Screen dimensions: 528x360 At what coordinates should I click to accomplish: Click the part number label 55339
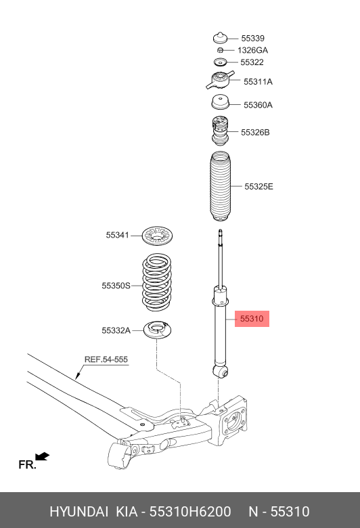click(x=253, y=39)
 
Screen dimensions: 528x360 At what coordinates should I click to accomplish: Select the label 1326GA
click(x=252, y=50)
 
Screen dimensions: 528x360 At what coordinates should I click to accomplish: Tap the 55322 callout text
click(x=252, y=62)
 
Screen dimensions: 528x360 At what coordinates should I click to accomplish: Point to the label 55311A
click(x=258, y=82)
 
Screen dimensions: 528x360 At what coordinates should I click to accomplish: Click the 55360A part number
click(x=258, y=105)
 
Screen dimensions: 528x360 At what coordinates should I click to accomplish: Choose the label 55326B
click(x=255, y=133)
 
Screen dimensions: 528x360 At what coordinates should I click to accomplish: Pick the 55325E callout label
click(x=258, y=186)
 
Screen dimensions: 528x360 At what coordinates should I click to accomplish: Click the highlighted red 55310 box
click(x=252, y=318)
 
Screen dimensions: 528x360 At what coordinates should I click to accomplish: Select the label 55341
click(x=117, y=236)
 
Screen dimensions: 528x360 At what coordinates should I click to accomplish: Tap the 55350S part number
click(x=116, y=286)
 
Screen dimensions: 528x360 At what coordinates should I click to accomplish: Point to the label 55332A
click(x=116, y=330)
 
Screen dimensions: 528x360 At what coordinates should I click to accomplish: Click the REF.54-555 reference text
click(x=106, y=359)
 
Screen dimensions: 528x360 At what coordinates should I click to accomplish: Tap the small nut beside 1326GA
click(x=220, y=50)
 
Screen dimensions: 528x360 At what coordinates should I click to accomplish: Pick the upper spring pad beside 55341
click(x=160, y=237)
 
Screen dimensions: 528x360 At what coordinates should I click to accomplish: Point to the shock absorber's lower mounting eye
click(x=220, y=370)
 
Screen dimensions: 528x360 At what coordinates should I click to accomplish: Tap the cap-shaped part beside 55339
click(x=220, y=38)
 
